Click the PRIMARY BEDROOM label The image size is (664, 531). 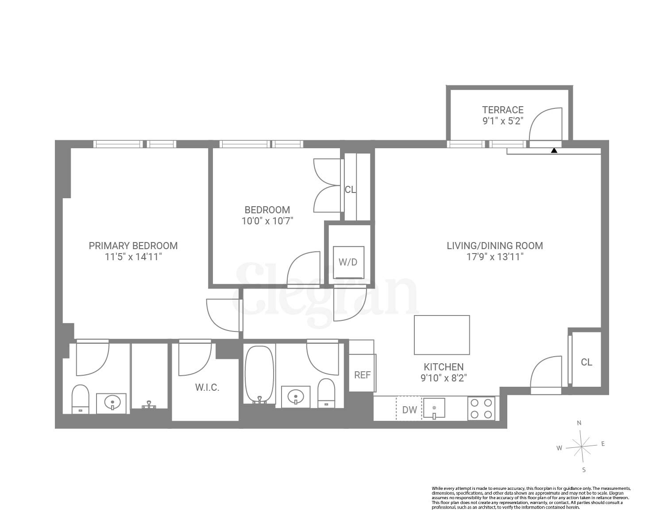(x=133, y=246)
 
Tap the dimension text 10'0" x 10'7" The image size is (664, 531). (x=267, y=220)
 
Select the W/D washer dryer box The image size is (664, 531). (x=348, y=262)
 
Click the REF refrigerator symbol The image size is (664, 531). (x=362, y=374)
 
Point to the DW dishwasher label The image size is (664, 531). (x=409, y=410)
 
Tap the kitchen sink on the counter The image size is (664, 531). (x=434, y=408)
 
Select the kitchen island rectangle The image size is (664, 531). (x=441, y=335)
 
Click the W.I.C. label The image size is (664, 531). (x=207, y=388)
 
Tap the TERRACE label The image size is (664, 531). (x=502, y=110)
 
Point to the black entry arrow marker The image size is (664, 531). (x=554, y=150)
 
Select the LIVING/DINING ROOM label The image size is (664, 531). (x=494, y=246)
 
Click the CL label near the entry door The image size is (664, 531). (x=586, y=362)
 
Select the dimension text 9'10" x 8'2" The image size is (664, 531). (x=444, y=378)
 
